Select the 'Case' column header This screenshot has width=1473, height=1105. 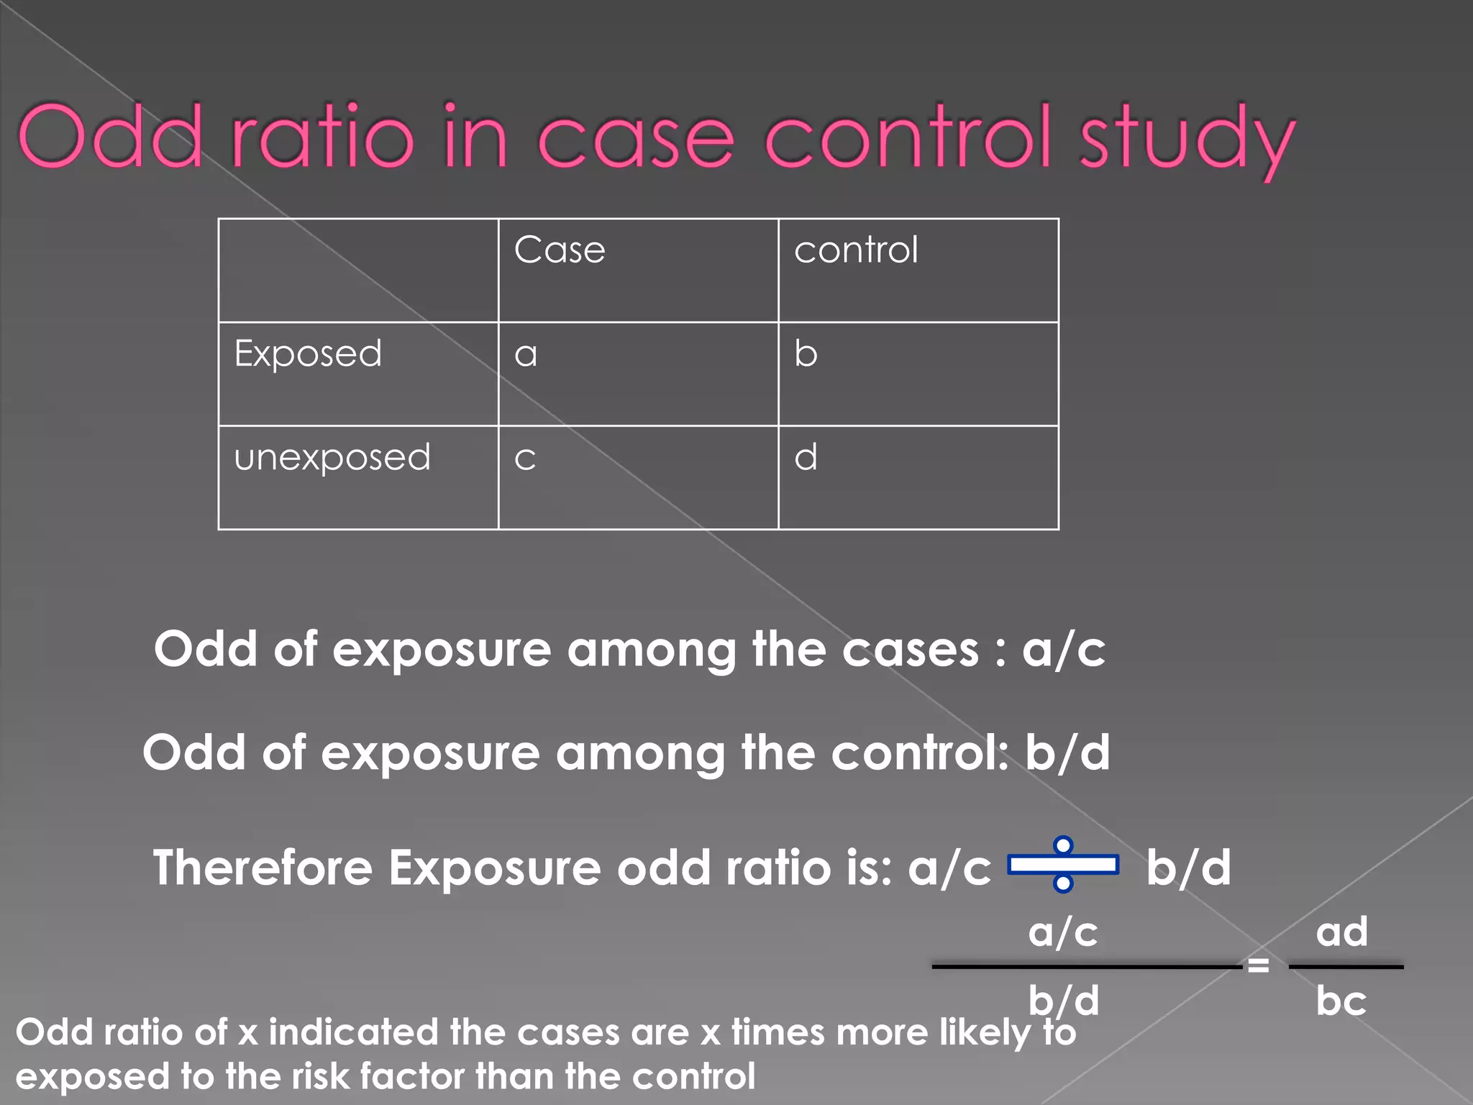tap(560, 250)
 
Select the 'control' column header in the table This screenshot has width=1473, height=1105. tap(856, 250)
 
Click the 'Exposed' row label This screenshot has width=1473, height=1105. tap(308, 354)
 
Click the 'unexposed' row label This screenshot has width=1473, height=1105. tap(332, 458)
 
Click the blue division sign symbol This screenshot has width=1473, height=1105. tap(1063, 864)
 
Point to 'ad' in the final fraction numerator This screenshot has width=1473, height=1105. tap(1341, 932)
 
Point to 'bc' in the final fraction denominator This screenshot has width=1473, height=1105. tap(1341, 1001)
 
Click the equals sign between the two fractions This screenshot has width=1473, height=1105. tap(1258, 965)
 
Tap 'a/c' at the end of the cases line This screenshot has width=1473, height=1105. tap(1064, 650)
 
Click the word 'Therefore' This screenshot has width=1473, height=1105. tap(263, 868)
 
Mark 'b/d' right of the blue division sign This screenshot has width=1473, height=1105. tap(1188, 868)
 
